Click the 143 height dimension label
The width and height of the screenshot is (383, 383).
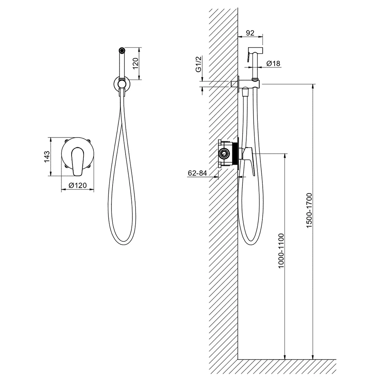pos(47,157)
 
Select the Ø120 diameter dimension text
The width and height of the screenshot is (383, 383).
pos(78,185)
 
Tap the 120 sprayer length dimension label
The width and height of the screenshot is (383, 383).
pos(136,63)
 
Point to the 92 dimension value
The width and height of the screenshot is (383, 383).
pos(250,33)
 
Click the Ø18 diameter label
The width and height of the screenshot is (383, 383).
pos(273,64)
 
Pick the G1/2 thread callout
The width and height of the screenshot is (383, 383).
pos(198,64)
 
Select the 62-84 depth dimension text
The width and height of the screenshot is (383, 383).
pos(197,173)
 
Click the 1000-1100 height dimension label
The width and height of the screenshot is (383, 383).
pos(281,251)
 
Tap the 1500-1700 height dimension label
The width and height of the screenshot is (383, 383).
pos(309,211)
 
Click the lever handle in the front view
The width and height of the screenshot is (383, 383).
pos(77,162)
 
